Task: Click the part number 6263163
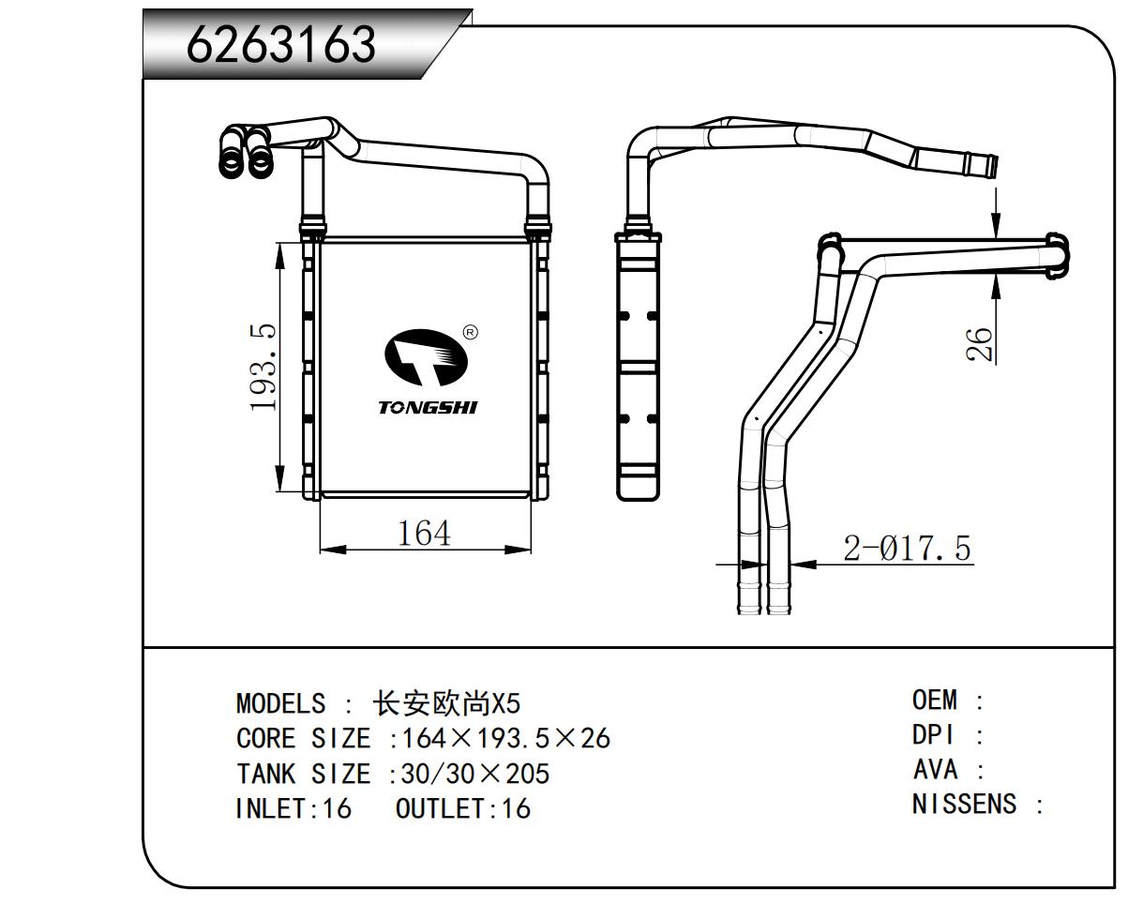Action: click(x=281, y=44)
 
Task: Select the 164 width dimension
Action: click(x=424, y=533)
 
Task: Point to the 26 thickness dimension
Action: click(x=978, y=345)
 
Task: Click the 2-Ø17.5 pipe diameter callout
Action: click(x=907, y=548)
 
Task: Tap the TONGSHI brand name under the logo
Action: click(x=428, y=407)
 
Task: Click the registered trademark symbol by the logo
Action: click(x=471, y=332)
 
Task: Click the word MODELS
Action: click(x=281, y=703)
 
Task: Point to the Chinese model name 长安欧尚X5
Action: click(x=446, y=703)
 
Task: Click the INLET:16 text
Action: click(x=293, y=808)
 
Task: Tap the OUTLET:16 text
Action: click(x=463, y=808)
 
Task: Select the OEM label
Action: click(x=935, y=700)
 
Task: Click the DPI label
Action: click(x=934, y=734)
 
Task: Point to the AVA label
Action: click(x=936, y=770)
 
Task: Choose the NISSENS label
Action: click(x=964, y=805)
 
